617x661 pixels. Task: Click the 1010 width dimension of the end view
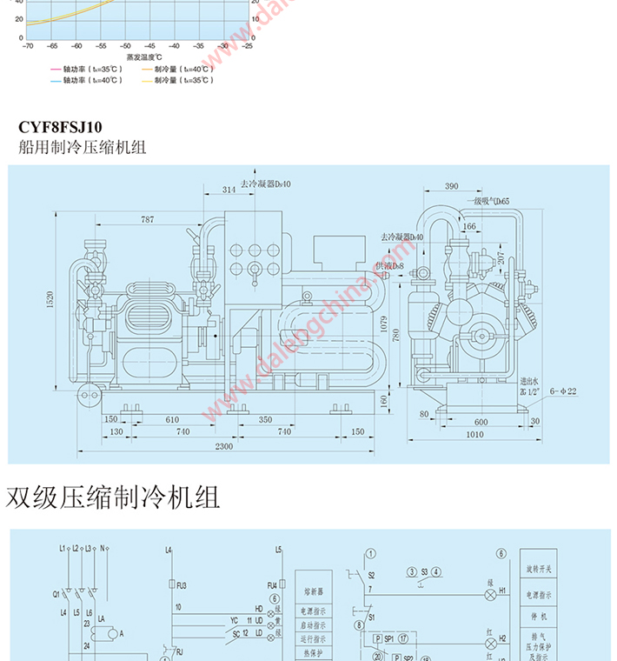click(x=474, y=434)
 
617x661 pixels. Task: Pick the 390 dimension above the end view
click(x=451, y=187)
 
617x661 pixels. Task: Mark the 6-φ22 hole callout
click(x=562, y=391)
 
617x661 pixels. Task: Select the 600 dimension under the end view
click(x=481, y=421)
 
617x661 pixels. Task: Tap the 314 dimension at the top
click(x=229, y=190)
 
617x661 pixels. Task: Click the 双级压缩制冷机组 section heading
click(x=113, y=497)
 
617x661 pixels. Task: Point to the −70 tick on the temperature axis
click(x=27, y=45)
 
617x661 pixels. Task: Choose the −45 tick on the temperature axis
click(x=149, y=45)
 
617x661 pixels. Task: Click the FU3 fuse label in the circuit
click(x=182, y=585)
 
